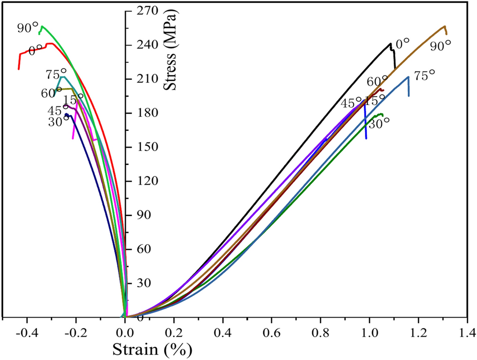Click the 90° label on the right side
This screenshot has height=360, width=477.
click(440, 46)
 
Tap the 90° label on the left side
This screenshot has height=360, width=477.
click(28, 28)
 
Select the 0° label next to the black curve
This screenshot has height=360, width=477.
click(402, 44)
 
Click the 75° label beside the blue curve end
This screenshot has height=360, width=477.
click(424, 76)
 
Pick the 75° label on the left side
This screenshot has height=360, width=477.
click(56, 75)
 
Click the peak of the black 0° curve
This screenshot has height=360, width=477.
click(391, 44)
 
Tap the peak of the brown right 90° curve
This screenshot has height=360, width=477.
click(444, 26)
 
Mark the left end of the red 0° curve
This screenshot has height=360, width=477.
click(19, 68)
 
